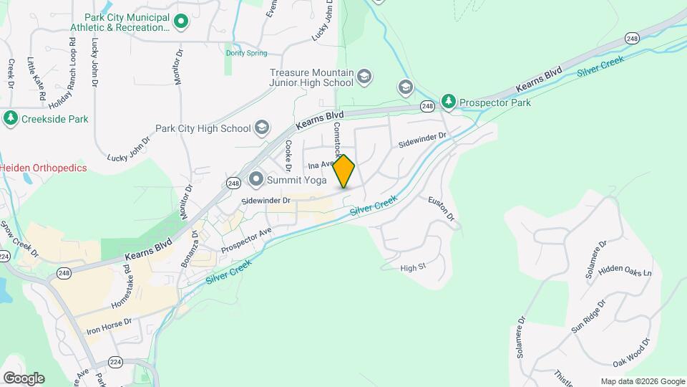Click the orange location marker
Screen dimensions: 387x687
click(x=344, y=171)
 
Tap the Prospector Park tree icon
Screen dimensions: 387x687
click(x=449, y=102)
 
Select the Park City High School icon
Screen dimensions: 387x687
click(x=261, y=128)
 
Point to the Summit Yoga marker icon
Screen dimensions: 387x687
click(x=255, y=178)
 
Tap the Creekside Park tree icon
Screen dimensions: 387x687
click(x=11, y=118)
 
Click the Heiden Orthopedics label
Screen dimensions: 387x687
click(x=43, y=168)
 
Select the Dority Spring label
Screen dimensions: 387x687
click(x=246, y=53)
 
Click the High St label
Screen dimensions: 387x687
click(x=413, y=267)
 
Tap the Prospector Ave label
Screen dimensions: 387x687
click(x=246, y=240)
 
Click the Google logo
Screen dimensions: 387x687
click(x=24, y=378)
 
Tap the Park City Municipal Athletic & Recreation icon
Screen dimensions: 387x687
click(x=181, y=21)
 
